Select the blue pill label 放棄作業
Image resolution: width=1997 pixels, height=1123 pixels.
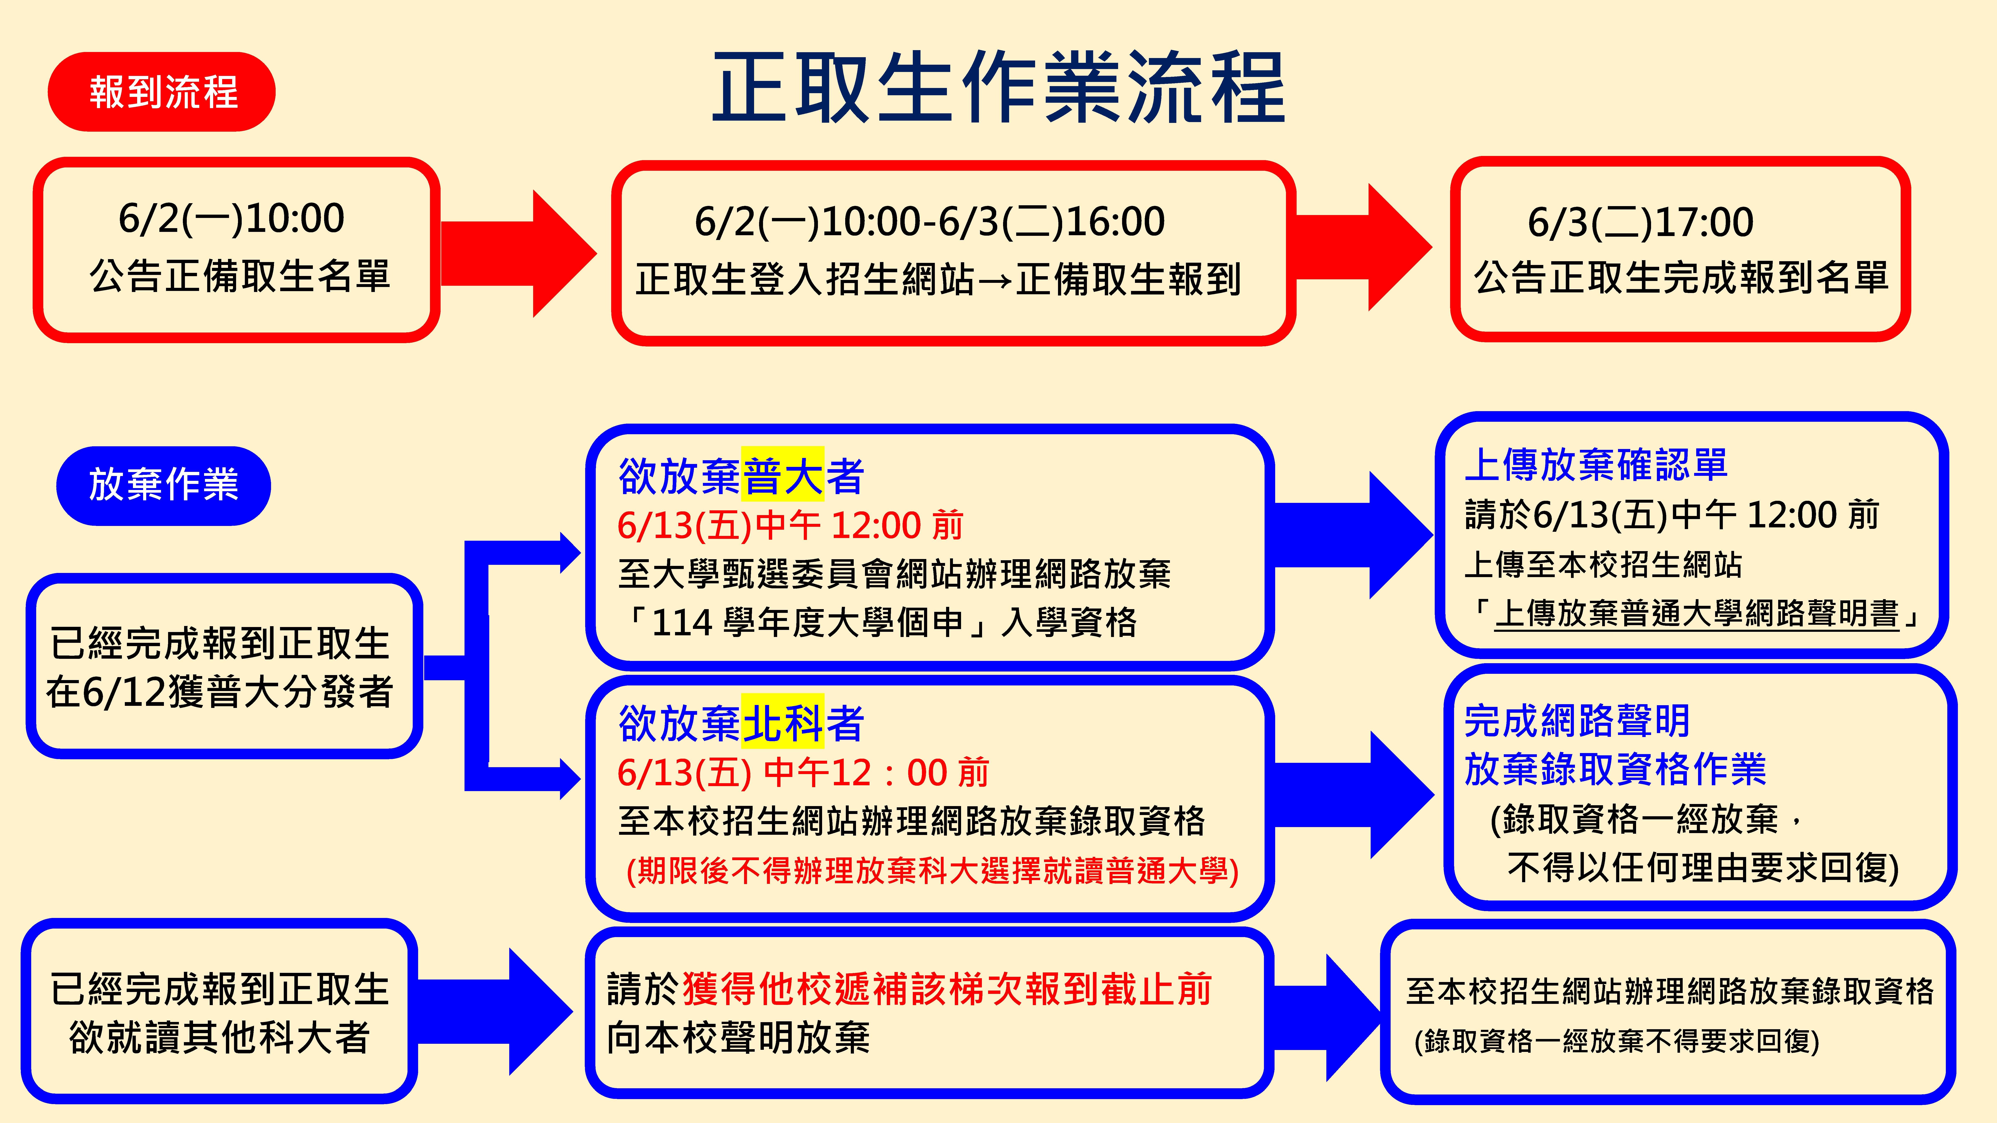pos(164,485)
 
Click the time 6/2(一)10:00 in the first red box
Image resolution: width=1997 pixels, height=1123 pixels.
pos(231,219)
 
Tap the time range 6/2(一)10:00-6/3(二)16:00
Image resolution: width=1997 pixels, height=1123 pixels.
pos(929,222)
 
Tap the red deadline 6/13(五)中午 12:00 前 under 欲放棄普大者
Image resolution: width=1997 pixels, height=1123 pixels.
pos(790,526)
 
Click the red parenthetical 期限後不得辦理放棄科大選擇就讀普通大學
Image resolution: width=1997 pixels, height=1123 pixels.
pos(933,870)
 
